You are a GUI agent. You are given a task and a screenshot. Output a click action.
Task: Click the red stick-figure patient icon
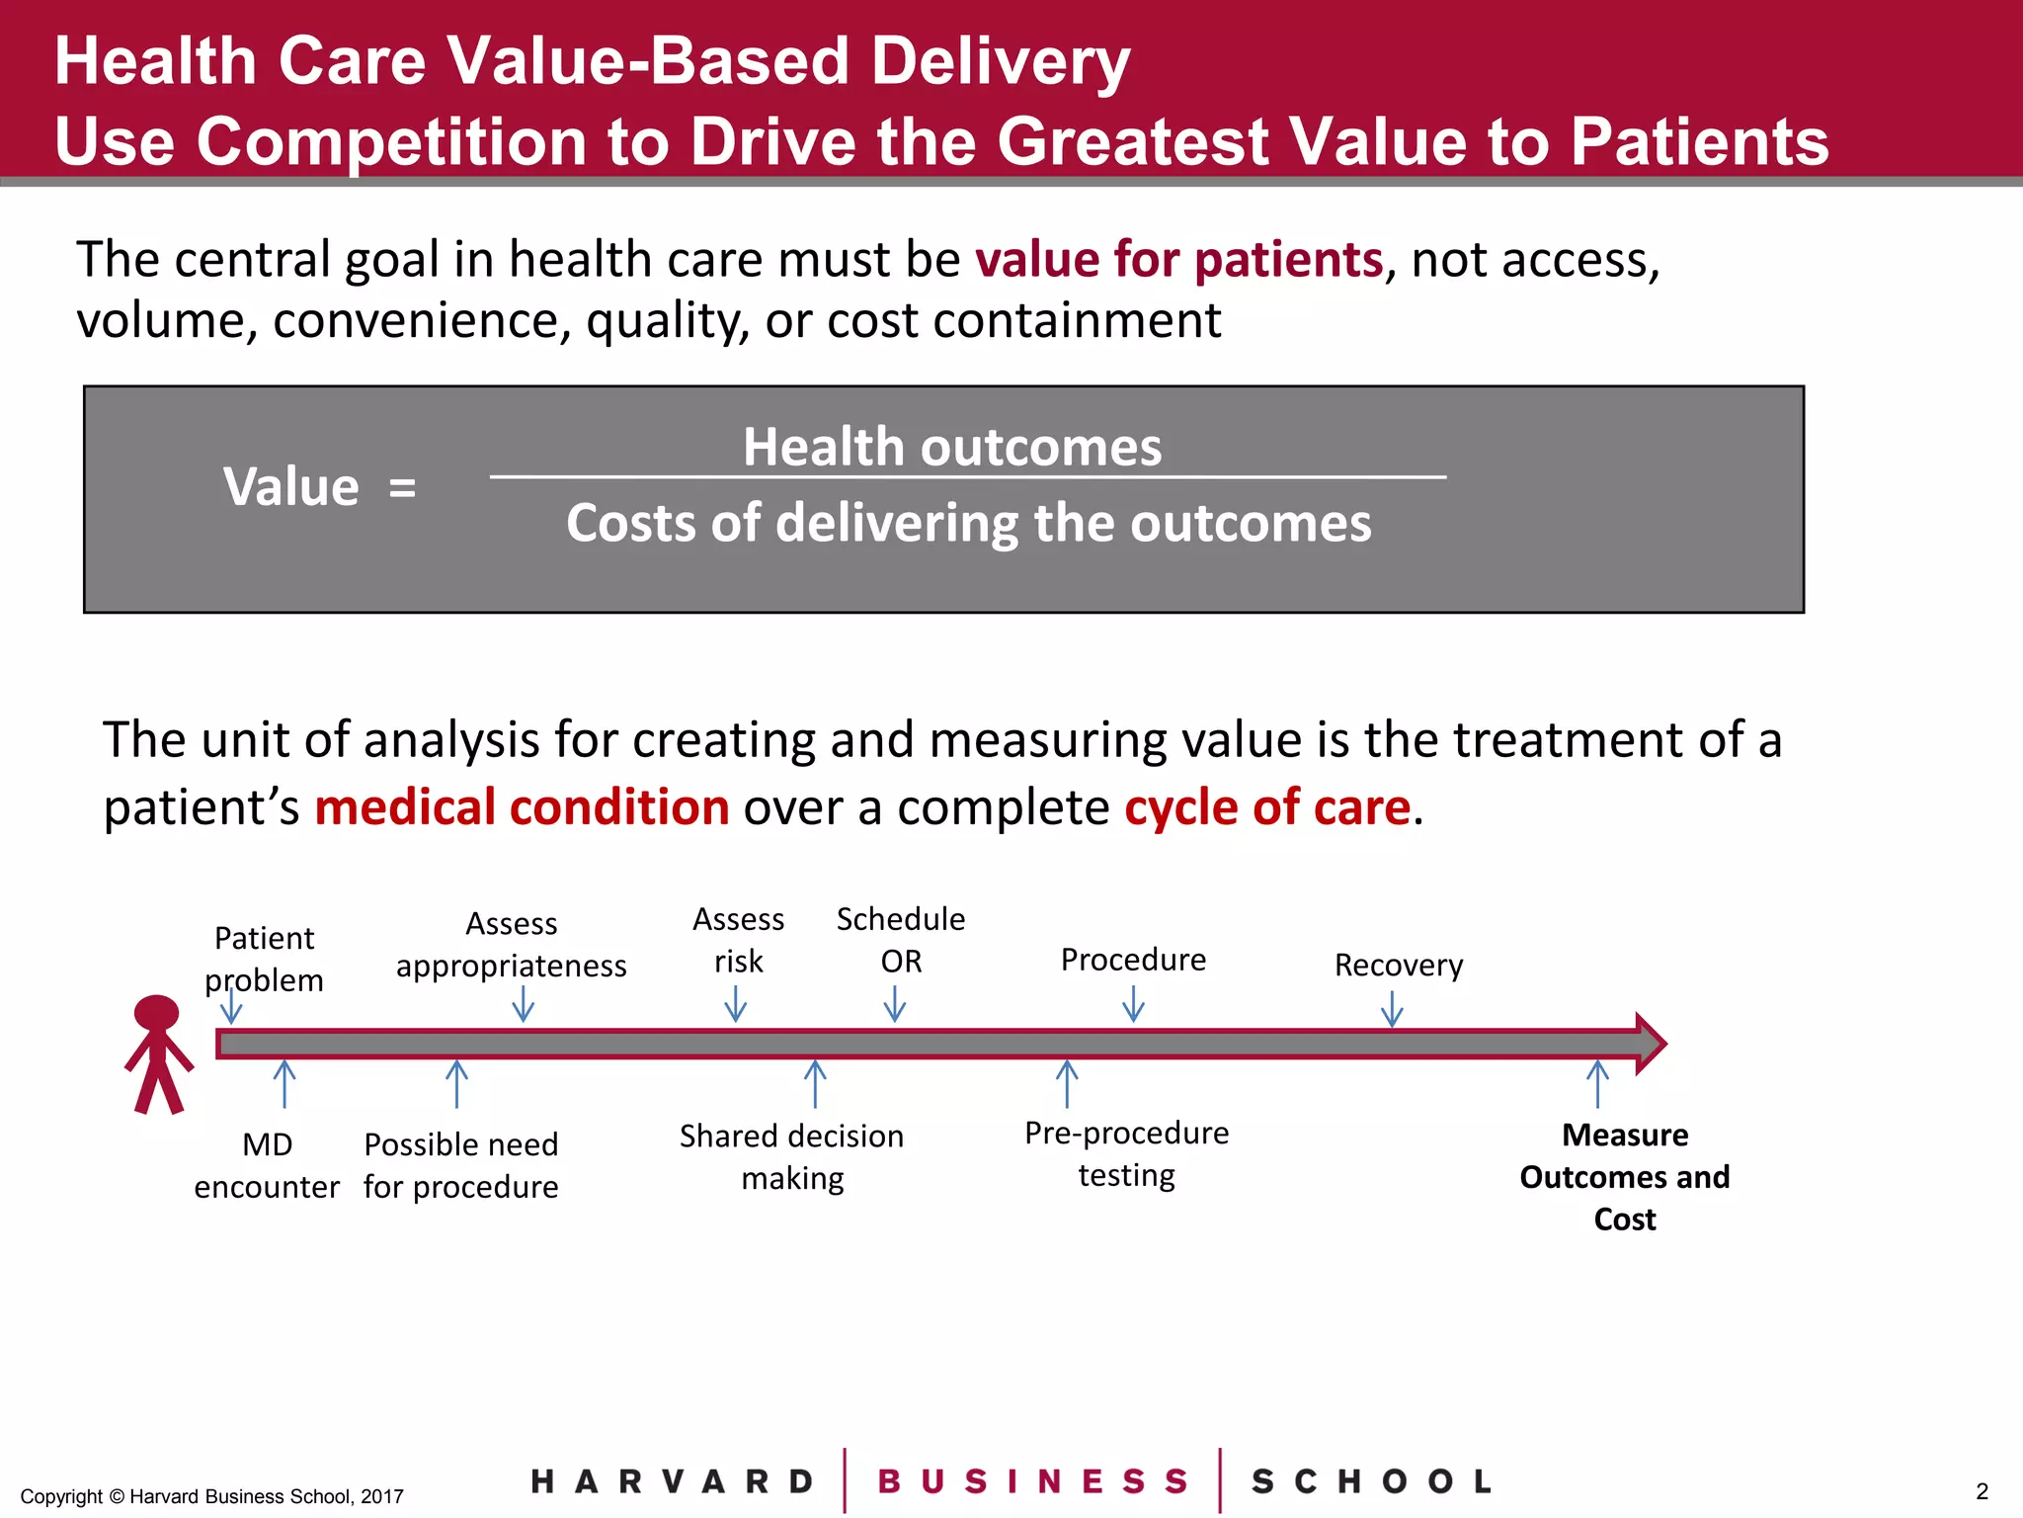coord(158,1054)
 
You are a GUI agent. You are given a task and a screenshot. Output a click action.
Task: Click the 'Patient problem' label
coord(264,959)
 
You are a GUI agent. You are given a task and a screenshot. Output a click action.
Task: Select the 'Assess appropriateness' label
coord(511,944)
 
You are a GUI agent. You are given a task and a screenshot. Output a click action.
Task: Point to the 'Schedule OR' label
coord(900,939)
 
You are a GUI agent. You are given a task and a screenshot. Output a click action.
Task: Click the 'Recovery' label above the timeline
coord(1398,965)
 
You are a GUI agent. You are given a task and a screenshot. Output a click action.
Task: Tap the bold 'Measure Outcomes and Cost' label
coord(1624,1176)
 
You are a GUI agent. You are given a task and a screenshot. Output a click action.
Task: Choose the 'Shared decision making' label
coord(792,1156)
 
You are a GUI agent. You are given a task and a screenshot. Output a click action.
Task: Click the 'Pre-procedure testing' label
coord(1126,1153)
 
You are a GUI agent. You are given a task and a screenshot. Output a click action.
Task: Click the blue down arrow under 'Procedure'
coord(1133,1006)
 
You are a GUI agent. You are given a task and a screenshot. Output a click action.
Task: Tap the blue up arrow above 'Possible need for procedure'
coord(456,1083)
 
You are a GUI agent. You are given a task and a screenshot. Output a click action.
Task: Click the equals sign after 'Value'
coord(402,488)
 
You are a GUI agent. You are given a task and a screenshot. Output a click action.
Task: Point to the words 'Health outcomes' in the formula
coord(952,447)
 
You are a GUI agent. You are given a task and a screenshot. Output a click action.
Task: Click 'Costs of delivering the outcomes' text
coord(968,522)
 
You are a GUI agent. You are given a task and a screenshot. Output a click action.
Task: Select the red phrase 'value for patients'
coord(1178,260)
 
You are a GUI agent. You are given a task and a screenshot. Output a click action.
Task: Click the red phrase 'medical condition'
coord(522,807)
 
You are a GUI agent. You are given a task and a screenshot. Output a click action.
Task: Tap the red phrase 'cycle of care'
coord(1267,807)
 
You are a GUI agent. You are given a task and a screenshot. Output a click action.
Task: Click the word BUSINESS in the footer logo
coord(1032,1481)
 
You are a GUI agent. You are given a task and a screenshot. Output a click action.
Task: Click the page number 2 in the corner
coord(1982,1491)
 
